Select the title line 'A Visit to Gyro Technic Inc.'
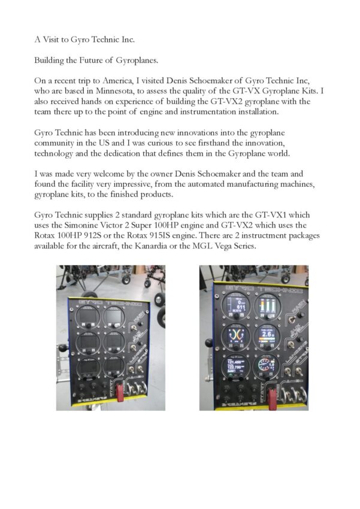pos(84,40)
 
